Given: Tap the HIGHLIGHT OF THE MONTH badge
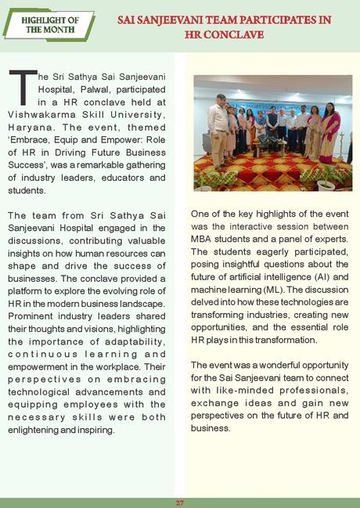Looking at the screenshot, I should (x=49, y=23).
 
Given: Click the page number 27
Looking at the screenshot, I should (x=179, y=502).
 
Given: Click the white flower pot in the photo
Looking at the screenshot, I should (x=325, y=186).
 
